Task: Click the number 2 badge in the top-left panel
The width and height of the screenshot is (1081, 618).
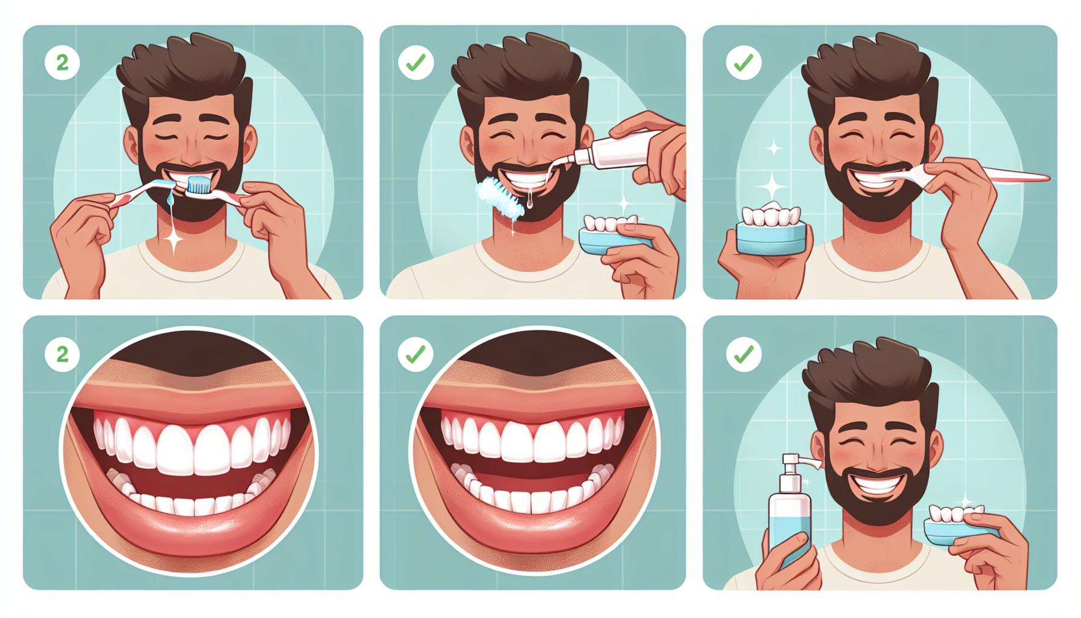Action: tap(62, 62)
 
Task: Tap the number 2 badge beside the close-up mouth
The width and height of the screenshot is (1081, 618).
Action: tap(62, 354)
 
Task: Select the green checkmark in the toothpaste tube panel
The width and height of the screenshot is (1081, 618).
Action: tap(416, 62)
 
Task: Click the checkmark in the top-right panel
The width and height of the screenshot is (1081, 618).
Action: tap(743, 62)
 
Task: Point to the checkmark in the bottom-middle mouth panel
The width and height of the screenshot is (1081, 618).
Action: tap(416, 354)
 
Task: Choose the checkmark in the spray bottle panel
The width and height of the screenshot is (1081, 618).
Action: tap(743, 355)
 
